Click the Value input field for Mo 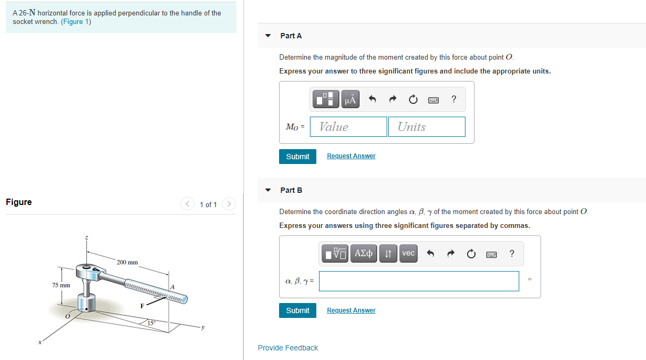tap(348, 127)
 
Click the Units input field tap(427, 127)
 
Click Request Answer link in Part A tap(351, 156)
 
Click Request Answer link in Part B tap(351, 310)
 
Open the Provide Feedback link tap(288, 348)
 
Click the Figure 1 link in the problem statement tap(76, 22)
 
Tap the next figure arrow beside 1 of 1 tap(230, 204)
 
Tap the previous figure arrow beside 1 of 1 tap(187, 204)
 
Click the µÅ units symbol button tap(350, 99)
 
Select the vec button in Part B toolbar tap(408, 253)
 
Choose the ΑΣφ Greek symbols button tap(363, 253)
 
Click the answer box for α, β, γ tap(419, 281)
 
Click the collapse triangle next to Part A tap(268, 36)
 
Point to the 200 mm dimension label tap(127, 262)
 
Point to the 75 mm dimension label tap(61, 285)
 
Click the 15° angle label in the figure tap(151, 323)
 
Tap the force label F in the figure tap(142, 306)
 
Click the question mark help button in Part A tap(454, 99)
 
